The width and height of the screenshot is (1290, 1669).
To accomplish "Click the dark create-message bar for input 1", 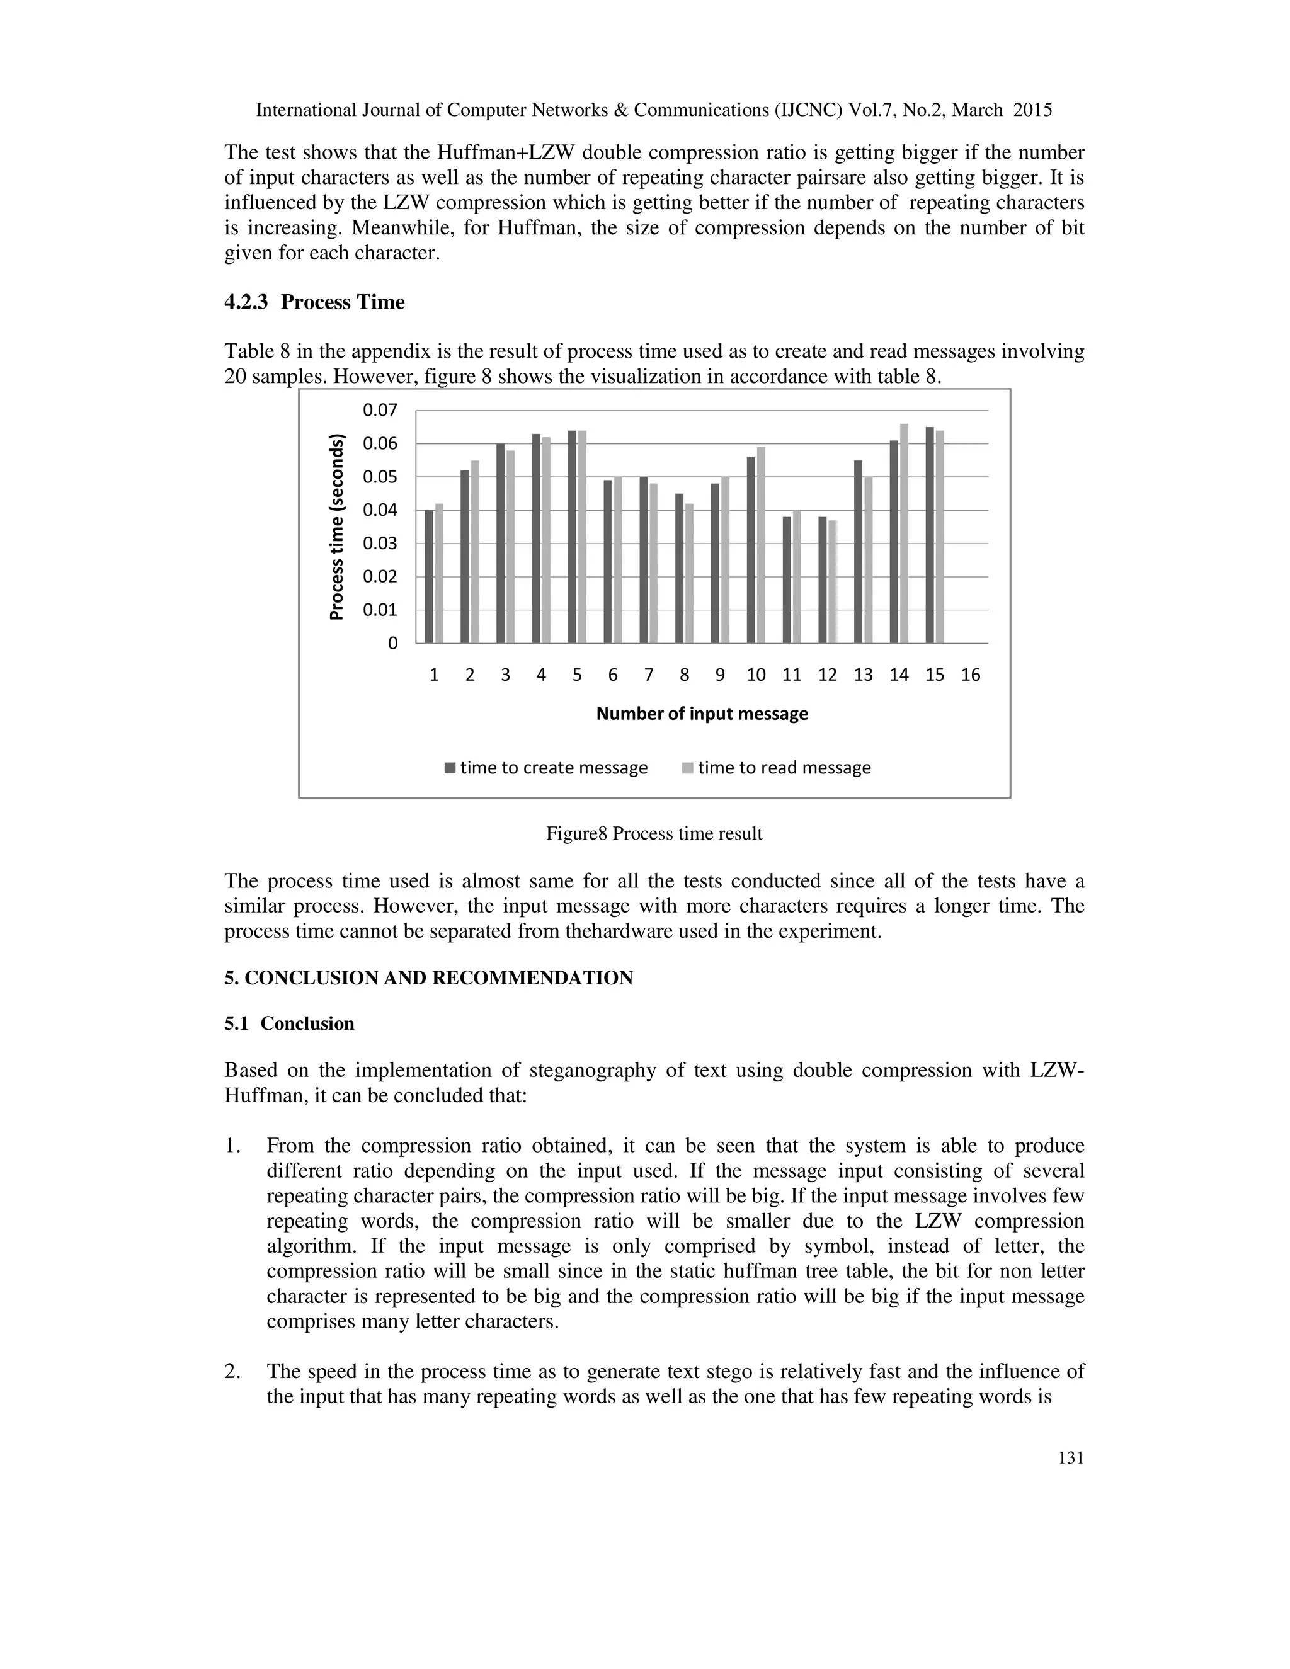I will point(430,577).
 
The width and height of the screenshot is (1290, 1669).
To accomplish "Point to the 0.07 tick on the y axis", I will point(380,411).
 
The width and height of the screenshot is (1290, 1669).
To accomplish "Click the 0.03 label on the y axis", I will point(380,544).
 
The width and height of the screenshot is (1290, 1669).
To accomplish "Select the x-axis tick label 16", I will point(971,675).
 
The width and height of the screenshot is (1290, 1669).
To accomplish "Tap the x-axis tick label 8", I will point(684,675).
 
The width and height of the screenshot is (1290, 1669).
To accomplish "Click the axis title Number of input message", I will point(702,714).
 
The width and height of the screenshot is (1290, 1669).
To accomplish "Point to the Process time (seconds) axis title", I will point(337,527).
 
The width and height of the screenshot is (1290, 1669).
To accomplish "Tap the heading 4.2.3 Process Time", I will point(314,302).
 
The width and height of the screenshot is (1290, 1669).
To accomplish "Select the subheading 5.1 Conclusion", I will point(289,1024).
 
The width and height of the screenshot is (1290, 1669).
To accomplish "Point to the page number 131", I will point(1071,1458).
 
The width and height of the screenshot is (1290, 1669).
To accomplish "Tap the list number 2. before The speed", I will point(232,1372).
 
